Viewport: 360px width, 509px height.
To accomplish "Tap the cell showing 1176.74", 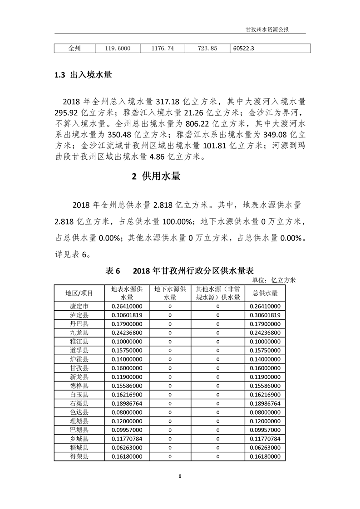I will [x=162, y=48].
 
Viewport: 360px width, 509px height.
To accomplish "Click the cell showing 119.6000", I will [x=118, y=48].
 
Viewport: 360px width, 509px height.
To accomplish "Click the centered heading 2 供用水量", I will [x=156, y=176].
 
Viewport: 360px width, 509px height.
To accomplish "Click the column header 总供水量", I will [x=266, y=293].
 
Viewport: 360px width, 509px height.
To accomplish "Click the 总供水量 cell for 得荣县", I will [x=266, y=456].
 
